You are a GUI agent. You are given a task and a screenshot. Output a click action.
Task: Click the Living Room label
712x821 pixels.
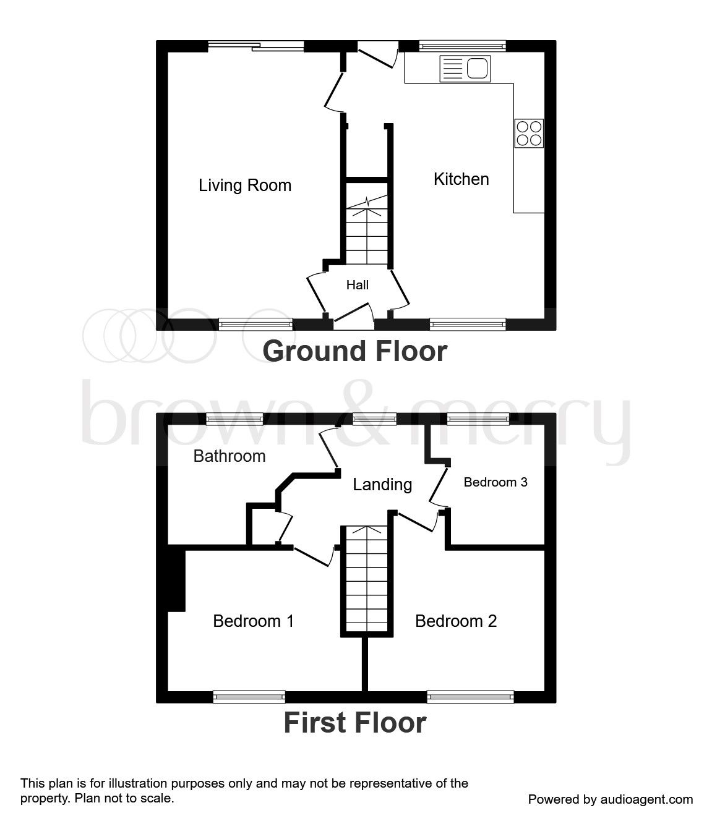(x=245, y=185)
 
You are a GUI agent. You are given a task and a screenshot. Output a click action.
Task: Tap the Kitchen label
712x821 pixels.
(x=461, y=179)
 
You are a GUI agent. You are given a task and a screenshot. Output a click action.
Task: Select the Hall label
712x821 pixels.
(x=358, y=285)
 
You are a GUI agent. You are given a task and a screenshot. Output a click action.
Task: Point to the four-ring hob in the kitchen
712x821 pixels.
(x=529, y=133)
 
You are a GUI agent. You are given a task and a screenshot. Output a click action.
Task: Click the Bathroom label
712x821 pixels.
(x=229, y=456)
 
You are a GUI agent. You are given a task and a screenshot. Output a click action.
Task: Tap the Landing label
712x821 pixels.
(x=382, y=485)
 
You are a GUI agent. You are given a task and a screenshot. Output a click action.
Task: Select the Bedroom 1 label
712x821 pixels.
(x=253, y=621)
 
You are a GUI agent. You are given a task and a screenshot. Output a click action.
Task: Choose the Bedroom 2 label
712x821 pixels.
(x=456, y=621)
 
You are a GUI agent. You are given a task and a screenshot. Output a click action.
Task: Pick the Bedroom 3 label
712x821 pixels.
(x=495, y=482)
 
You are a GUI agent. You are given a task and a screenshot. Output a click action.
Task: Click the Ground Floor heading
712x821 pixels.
(x=355, y=351)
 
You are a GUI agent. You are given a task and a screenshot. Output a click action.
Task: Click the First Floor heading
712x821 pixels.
(x=355, y=723)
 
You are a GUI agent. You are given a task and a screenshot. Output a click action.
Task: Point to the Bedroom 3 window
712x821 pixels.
(x=478, y=419)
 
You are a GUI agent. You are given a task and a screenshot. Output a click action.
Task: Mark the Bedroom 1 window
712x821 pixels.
(x=249, y=697)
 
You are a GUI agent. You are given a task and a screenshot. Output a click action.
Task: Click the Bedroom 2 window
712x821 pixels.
(x=471, y=697)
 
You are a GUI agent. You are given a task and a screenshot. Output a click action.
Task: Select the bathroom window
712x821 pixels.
(x=234, y=419)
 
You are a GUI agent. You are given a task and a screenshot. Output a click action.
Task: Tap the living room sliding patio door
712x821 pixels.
(x=255, y=46)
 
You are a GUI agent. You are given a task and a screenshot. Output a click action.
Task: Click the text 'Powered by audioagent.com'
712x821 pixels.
(x=610, y=799)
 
